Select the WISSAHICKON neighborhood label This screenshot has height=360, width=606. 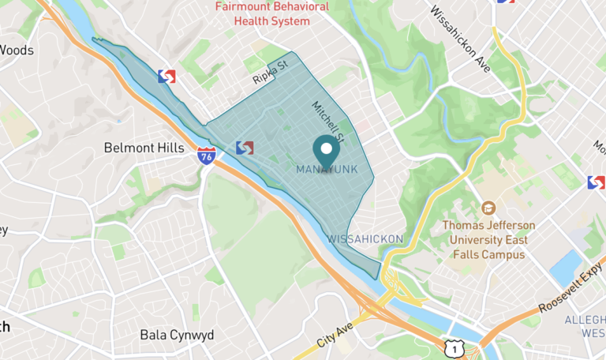point(365,238)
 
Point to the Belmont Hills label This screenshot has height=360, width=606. point(144,148)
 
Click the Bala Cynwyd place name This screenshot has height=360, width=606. point(177,335)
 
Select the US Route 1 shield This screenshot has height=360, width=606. point(452,347)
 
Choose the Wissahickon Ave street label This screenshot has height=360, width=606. point(460,39)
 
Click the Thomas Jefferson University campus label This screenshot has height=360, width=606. point(488,240)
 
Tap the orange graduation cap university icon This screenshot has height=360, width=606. point(488,208)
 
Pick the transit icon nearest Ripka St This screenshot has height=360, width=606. point(166,77)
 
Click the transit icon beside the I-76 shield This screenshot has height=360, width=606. point(245,147)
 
